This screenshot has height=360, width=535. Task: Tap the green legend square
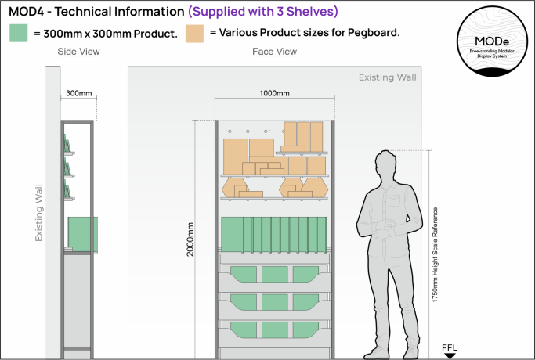click(19, 34)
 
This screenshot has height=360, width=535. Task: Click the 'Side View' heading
click(78, 52)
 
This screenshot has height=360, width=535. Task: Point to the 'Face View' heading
click(274, 52)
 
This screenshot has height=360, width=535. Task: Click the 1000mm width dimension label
click(274, 93)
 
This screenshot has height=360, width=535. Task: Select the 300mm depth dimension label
click(78, 93)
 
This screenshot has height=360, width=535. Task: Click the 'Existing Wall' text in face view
click(388, 77)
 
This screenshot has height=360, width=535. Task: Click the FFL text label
click(450, 346)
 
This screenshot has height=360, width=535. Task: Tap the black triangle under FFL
click(450, 355)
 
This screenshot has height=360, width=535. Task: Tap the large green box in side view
click(82, 232)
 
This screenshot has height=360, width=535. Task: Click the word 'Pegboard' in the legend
click(374, 34)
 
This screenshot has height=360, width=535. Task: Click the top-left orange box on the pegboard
click(236, 153)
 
